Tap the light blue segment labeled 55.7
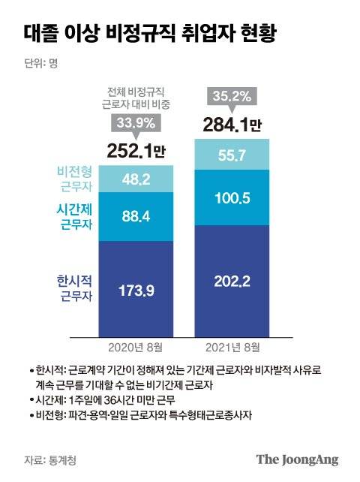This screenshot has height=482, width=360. [x=230, y=155]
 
